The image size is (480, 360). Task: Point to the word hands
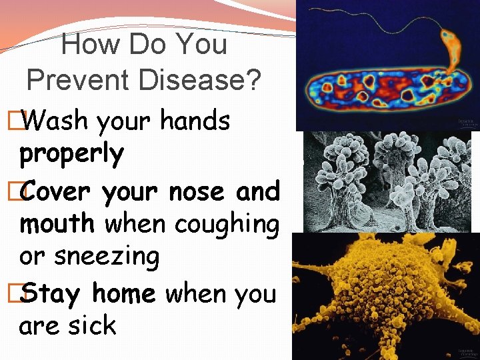pos(196,121)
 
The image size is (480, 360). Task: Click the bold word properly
pos(72,155)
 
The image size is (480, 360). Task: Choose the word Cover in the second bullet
pos(61,191)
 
